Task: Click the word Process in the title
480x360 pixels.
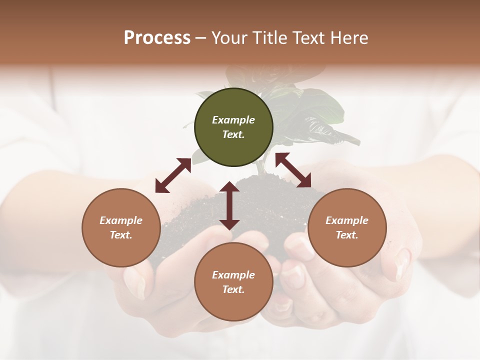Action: (157, 38)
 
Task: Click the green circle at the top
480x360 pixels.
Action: (233, 127)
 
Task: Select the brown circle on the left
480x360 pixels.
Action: (121, 227)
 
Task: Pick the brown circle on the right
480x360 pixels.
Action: (347, 227)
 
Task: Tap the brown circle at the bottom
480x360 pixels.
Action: (233, 282)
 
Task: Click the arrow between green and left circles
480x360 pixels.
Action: (173, 175)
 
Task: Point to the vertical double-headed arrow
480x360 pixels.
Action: (229, 205)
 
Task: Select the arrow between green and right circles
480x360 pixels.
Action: (293, 170)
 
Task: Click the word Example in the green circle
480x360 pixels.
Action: (233, 120)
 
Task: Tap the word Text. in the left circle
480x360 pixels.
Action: (121, 235)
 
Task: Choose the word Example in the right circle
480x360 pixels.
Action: (347, 220)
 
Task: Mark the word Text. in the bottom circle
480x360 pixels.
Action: (233, 289)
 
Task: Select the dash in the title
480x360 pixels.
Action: (201, 38)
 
